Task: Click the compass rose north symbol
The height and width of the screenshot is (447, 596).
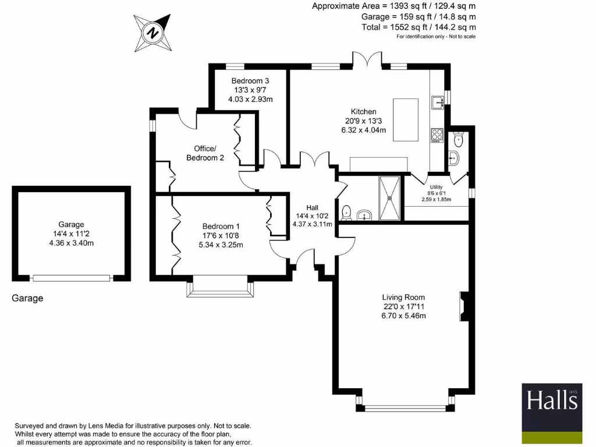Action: click(x=152, y=33)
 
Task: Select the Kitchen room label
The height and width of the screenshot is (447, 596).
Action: click(x=363, y=112)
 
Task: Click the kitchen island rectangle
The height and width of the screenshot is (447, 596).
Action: click(x=406, y=120)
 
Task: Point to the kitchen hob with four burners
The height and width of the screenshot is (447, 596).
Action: click(x=437, y=136)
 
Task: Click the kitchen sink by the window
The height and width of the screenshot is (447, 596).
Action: click(x=437, y=102)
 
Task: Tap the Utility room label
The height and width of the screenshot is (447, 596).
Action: click(x=436, y=187)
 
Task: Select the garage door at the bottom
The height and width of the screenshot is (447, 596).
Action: click(x=71, y=278)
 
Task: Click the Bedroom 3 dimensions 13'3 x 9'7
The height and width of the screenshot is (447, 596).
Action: click(x=250, y=90)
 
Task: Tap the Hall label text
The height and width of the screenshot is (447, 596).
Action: click(x=312, y=207)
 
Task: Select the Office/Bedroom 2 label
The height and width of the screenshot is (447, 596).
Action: click(x=205, y=153)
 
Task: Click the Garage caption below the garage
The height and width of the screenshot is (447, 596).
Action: click(x=27, y=299)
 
